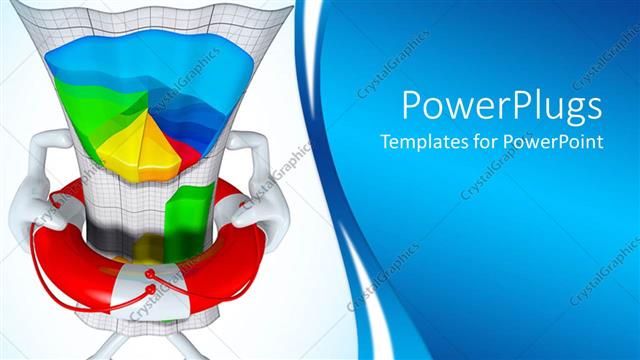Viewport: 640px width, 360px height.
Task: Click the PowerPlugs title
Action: coord(501,105)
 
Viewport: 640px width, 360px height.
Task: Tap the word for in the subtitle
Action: coord(487,142)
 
